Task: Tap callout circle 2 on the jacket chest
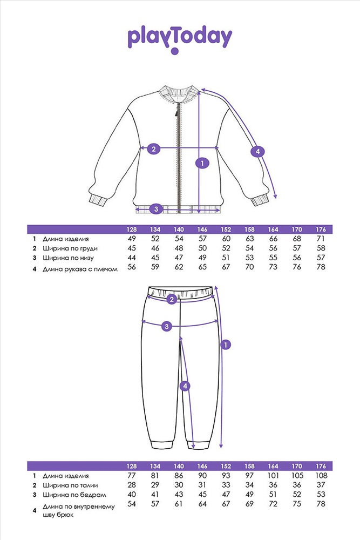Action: click(x=153, y=149)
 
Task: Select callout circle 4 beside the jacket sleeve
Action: click(x=257, y=151)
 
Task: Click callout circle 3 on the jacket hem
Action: click(x=157, y=208)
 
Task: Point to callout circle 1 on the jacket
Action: click(x=202, y=163)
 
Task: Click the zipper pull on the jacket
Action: click(x=176, y=111)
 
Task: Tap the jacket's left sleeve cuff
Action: click(x=97, y=200)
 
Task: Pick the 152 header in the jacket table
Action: click(x=226, y=230)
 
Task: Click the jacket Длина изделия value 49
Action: click(x=132, y=239)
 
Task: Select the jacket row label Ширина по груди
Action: click(x=70, y=248)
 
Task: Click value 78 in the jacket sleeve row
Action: click(x=321, y=267)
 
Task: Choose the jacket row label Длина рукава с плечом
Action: click(x=80, y=269)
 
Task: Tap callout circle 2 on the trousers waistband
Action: click(x=172, y=299)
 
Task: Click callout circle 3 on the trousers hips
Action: click(x=167, y=326)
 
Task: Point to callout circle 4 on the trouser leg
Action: click(x=185, y=386)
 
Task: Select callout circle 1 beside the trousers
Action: click(x=226, y=345)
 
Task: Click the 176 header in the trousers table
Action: click(x=321, y=467)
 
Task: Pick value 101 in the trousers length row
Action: click(x=273, y=476)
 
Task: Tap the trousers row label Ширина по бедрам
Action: click(x=74, y=495)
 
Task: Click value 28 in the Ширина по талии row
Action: click(x=132, y=485)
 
